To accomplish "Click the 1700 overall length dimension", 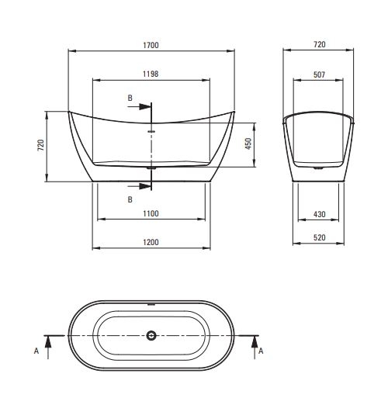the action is [151, 45].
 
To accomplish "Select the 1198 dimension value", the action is [151, 74].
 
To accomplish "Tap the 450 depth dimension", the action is [248, 144].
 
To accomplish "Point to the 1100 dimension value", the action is [151, 213].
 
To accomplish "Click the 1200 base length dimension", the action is [151, 242].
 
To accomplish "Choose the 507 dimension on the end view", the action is [319, 74].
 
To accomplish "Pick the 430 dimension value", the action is [319, 214].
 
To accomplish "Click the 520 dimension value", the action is [320, 237].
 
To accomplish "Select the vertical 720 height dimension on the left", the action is [41, 145].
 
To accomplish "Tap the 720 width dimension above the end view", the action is [320, 44].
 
